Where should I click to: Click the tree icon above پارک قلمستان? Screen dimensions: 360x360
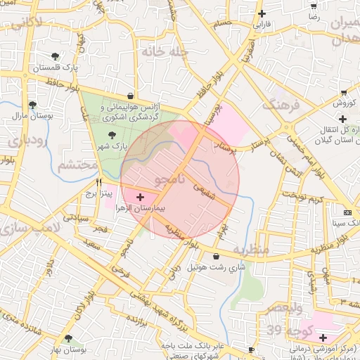(x=56, y=56)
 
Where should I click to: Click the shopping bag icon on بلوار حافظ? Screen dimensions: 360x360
(x=131, y=96)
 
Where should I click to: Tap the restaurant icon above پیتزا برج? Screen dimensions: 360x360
(x=98, y=181)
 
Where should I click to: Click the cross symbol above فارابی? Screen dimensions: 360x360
(x=262, y=13)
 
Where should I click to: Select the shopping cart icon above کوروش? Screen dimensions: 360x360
(x=343, y=93)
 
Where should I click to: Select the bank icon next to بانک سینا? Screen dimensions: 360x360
(x=347, y=212)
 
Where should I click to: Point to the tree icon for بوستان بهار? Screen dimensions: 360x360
(x=68, y=338)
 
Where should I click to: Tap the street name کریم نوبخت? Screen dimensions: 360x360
(x=300, y=196)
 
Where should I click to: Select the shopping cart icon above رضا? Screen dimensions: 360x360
(x=313, y=5)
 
